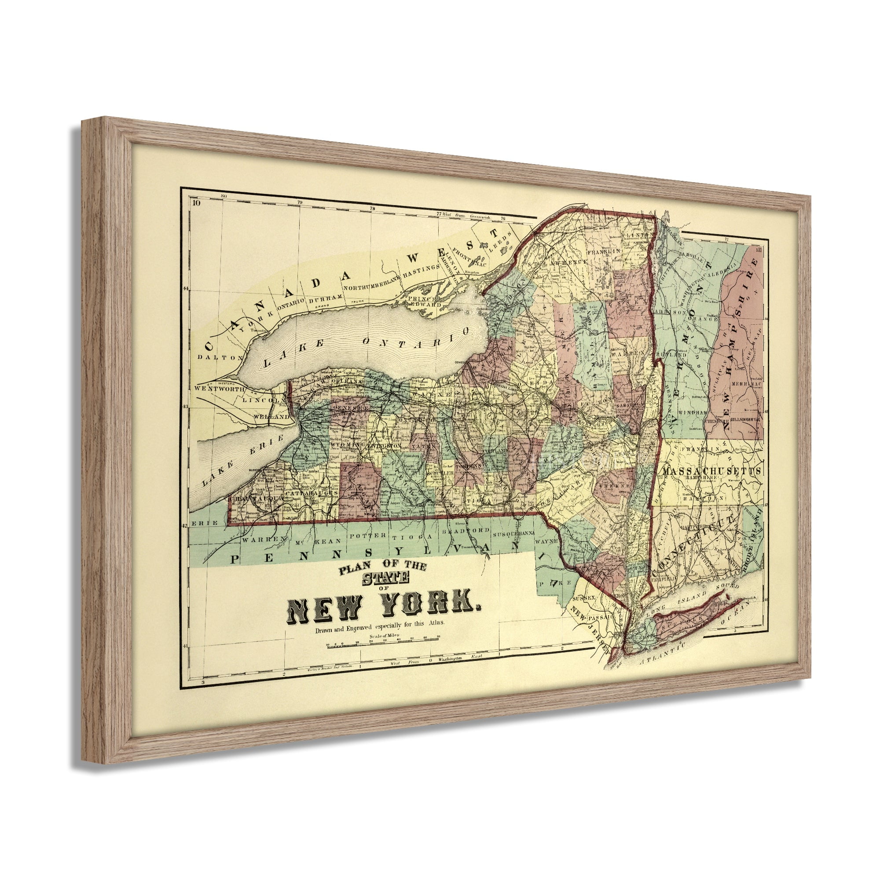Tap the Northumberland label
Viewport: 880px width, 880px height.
[x=372, y=286]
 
